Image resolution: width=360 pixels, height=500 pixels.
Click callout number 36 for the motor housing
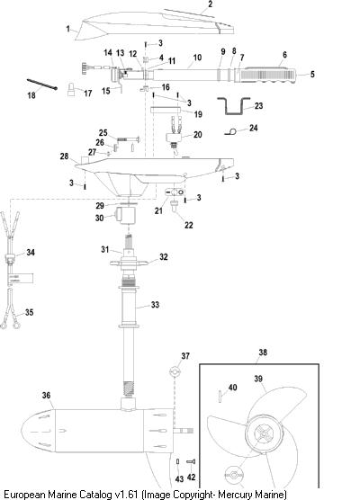(x=46, y=396)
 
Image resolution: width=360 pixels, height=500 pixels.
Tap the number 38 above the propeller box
(x=263, y=353)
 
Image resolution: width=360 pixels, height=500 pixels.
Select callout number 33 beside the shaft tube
(x=155, y=305)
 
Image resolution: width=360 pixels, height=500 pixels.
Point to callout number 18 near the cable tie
(x=31, y=95)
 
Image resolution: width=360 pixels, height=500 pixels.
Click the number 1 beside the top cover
(x=67, y=29)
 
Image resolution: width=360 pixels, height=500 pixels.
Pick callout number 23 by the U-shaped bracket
(x=259, y=106)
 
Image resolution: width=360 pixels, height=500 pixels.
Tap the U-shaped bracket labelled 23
(x=233, y=106)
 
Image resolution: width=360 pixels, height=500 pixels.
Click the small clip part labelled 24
(x=230, y=131)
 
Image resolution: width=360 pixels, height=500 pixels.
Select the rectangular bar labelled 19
(x=166, y=110)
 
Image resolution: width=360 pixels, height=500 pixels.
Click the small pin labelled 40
(x=220, y=396)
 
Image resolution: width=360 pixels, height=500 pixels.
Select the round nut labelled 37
(x=175, y=371)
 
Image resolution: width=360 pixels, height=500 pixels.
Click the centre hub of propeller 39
(x=264, y=434)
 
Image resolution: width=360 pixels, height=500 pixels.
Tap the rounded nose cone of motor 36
(x=39, y=430)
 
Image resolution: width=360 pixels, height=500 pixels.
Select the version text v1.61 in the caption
(x=127, y=495)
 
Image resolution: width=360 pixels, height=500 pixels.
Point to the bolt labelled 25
(x=129, y=139)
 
